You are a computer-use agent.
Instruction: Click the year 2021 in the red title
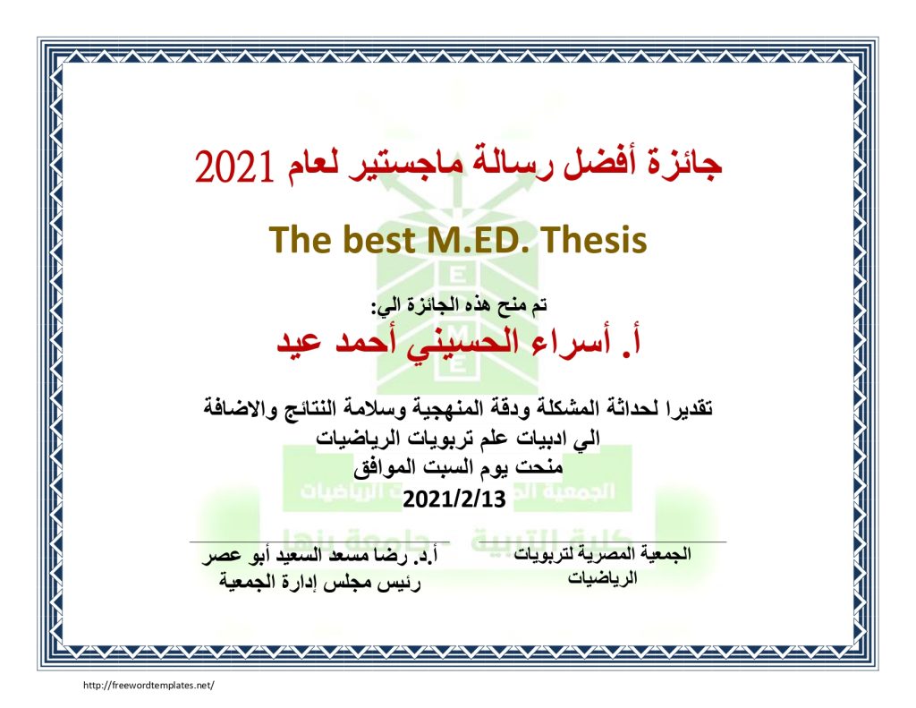(234, 166)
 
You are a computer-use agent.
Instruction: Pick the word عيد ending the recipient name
(299, 342)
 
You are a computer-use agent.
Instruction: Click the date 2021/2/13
(454, 499)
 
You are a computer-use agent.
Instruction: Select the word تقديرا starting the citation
(686, 407)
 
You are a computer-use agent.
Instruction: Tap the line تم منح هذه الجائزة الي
(460, 305)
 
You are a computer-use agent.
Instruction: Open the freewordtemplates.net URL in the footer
(149, 686)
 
